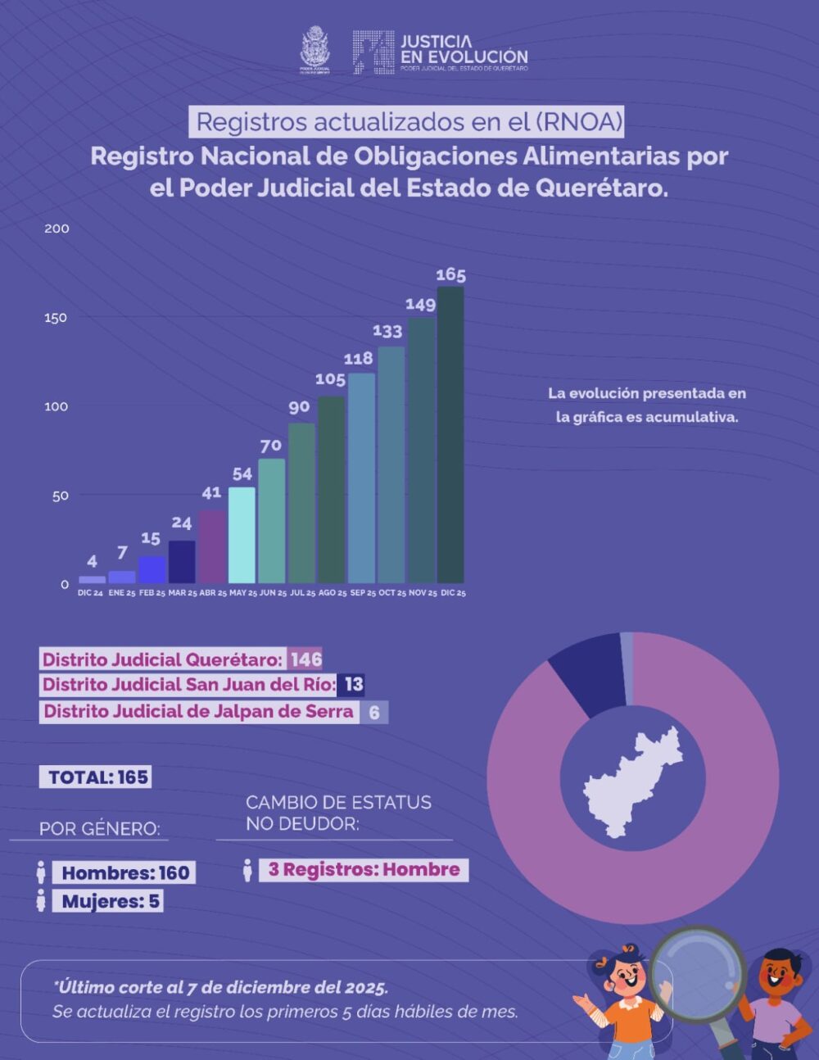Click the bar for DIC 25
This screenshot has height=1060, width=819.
coord(450,434)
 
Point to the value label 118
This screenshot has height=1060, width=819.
coord(358,358)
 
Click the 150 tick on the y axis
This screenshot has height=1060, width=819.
coord(56,318)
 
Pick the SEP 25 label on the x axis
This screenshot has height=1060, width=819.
coord(363,593)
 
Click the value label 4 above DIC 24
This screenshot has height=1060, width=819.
coord(92,561)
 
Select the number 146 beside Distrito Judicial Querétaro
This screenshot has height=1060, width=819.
coord(305,659)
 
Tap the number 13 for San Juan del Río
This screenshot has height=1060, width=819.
coord(353,685)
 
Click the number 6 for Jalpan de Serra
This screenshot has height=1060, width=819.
coord(374,712)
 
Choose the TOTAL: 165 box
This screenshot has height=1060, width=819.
coord(96,777)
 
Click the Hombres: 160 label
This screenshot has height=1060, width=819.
coord(124,873)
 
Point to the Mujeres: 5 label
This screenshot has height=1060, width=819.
coord(111,902)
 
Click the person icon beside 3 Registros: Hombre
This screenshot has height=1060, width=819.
coord(247,870)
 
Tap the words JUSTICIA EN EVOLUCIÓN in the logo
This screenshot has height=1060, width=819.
coord(464,49)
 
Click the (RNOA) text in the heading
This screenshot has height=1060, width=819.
coord(579,122)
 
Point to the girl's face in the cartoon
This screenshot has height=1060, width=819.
coord(627,975)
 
